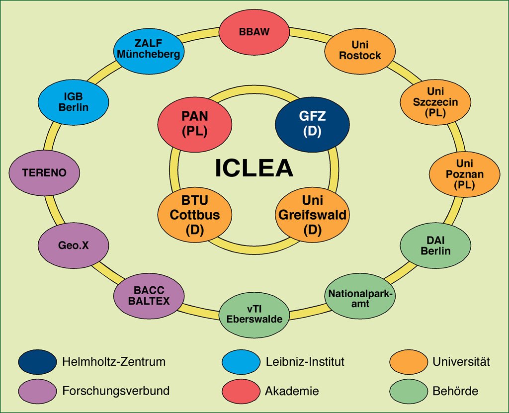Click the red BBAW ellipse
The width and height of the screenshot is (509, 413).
tap(254, 31)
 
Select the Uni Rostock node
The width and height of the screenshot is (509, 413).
tap(360, 51)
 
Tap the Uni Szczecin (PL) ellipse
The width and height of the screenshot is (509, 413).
tap(435, 101)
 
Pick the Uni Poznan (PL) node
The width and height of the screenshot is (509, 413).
tap(465, 174)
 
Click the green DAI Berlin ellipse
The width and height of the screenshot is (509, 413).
tap(435, 246)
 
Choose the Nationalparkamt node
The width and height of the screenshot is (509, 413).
tap(360, 296)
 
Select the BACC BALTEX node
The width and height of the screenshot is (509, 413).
tap(149, 296)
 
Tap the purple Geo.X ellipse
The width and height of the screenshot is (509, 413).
tap(74, 245)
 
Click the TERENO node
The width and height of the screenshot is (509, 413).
tap(44, 173)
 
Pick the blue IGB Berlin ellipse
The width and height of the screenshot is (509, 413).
tap(74, 102)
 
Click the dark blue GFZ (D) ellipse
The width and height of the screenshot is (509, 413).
tap(312, 124)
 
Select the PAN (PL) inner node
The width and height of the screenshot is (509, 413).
tap(195, 124)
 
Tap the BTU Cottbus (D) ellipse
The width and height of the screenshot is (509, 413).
tap(195, 215)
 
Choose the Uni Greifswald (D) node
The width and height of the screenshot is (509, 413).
tap(312, 215)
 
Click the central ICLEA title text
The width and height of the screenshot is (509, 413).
tap(254, 168)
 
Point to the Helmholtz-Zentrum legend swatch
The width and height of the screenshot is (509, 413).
tap(37, 362)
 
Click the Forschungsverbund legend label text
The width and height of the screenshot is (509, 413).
tap(116, 391)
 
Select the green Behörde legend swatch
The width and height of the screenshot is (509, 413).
tap(409, 391)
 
